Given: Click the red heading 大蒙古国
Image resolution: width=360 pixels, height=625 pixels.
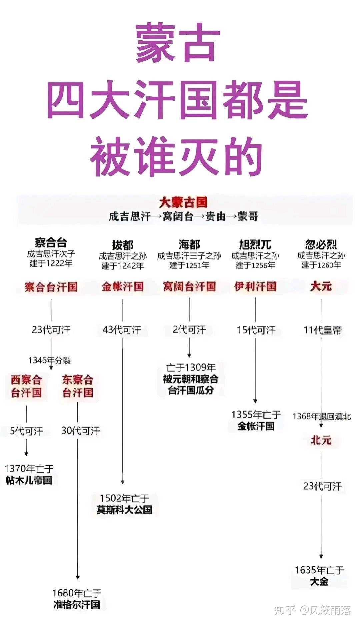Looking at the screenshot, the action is (x=183, y=202).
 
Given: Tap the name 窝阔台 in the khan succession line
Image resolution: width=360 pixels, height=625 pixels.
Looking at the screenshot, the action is (x=178, y=217).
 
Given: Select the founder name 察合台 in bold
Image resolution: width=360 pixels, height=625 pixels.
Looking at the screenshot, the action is (x=51, y=242).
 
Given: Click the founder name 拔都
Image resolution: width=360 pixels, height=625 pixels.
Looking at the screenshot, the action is (x=123, y=245).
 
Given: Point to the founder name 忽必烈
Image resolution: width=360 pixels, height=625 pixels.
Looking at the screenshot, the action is (x=321, y=244).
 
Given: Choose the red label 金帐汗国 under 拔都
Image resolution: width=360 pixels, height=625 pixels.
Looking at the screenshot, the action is (x=123, y=286).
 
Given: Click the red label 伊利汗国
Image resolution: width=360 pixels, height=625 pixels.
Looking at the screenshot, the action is (x=255, y=286).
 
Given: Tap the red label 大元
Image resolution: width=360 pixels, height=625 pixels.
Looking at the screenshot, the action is (x=321, y=286).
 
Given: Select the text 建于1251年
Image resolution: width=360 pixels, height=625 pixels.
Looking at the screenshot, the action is (x=189, y=265).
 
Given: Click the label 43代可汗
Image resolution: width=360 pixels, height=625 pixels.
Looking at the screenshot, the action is (x=122, y=330).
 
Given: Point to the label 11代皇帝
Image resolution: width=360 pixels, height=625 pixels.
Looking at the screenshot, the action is (x=322, y=330).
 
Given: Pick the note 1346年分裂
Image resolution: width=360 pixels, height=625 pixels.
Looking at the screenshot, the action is (x=49, y=360).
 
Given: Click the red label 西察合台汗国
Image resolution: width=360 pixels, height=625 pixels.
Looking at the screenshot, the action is (x=26, y=386).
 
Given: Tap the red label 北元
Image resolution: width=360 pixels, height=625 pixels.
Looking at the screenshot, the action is (x=321, y=440).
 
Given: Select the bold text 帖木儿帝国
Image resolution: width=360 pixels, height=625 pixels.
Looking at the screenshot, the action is (x=29, y=480).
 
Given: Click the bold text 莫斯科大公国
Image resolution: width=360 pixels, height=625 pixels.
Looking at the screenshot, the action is (x=124, y=510).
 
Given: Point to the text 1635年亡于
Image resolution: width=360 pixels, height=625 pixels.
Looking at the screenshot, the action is (x=319, y=570).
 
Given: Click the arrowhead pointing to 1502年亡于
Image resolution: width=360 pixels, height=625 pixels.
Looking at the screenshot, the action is (x=123, y=482).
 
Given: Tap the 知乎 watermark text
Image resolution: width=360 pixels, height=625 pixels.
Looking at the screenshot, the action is (x=285, y=610).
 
